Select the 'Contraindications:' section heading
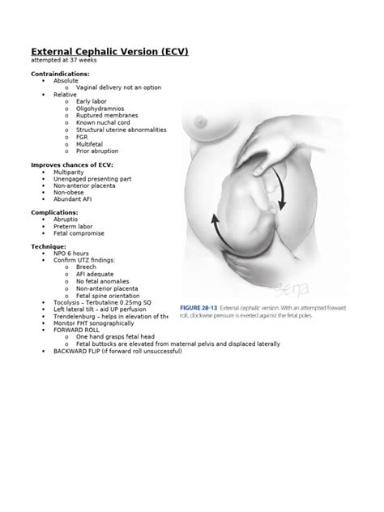coord(60,74)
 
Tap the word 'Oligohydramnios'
coord(98,108)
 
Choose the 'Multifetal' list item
coord(90,143)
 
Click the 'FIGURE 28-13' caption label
coord(201,309)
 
